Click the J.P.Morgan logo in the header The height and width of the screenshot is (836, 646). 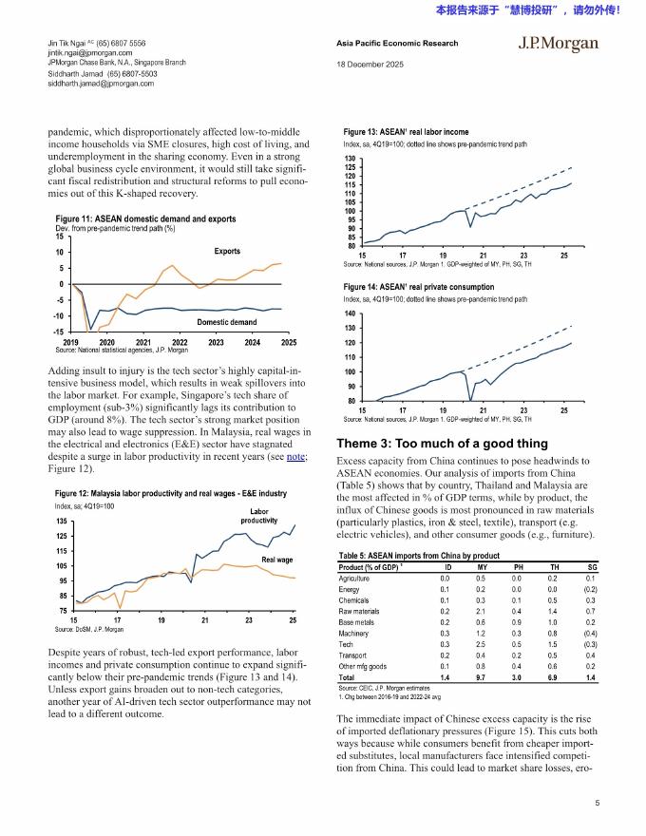[x=558, y=44]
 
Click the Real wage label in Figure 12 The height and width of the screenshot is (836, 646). [x=277, y=560]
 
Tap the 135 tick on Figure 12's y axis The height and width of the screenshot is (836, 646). [x=61, y=522]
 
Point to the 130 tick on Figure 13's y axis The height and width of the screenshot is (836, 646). [x=351, y=159]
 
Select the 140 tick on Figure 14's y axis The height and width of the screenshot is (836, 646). [x=351, y=313]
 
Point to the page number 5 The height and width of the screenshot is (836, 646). [x=596, y=803]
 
